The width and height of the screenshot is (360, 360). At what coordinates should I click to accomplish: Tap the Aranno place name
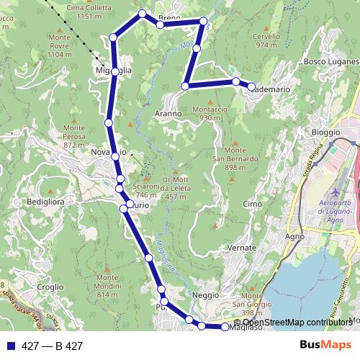click(168, 114)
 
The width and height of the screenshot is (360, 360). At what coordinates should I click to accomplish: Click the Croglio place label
click(50, 286)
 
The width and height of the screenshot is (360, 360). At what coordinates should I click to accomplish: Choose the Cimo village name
click(253, 204)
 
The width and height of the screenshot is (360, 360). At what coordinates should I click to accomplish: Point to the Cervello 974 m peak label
click(266, 40)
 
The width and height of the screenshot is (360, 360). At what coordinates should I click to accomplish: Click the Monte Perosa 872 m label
click(74, 136)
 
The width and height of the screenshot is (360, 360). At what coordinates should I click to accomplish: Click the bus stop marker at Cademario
click(252, 87)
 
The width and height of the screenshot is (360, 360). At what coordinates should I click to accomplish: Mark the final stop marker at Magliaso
click(226, 327)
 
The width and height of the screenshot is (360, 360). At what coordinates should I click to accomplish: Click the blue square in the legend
click(11, 346)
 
